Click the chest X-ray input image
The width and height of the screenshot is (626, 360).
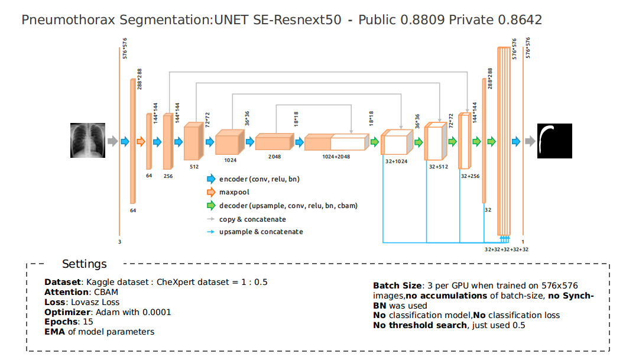point(88,141)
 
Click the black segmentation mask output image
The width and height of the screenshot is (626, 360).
point(554,141)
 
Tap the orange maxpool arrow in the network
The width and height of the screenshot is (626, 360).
point(141,141)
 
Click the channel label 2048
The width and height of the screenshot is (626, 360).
point(274,157)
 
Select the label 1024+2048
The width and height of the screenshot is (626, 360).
point(336,157)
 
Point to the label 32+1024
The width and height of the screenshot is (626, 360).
point(397,161)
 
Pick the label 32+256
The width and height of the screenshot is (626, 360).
point(471,176)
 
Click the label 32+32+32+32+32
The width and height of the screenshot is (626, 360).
point(507,249)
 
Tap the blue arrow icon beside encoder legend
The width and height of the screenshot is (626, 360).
point(211,179)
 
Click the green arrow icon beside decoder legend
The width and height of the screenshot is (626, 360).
point(211,206)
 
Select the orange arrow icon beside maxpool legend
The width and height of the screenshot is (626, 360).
point(211,192)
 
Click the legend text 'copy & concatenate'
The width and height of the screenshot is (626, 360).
point(252,219)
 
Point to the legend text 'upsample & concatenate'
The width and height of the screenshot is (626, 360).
point(261,232)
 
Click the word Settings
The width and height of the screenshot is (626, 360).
point(85,264)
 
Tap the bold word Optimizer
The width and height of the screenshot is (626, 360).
point(67,312)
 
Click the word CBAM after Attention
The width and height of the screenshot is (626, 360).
point(106,292)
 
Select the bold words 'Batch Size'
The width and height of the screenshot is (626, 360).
point(397,286)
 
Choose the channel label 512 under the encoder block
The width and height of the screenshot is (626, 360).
point(194,167)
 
